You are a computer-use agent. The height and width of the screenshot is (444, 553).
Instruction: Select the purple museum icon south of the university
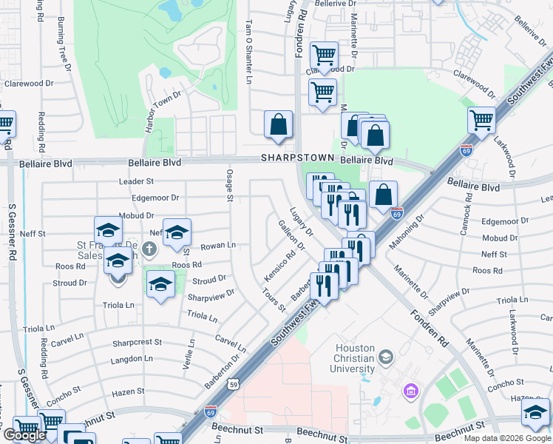click(410, 390)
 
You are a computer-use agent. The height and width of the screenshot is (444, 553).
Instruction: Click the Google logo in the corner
click(24, 435)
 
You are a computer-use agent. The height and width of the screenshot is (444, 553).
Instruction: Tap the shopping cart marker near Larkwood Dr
click(481, 121)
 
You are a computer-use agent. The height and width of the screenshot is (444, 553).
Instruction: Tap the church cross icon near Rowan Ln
click(150, 249)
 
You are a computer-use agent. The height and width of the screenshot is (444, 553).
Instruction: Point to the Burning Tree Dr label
click(64, 46)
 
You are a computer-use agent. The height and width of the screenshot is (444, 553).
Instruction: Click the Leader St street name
click(136, 181)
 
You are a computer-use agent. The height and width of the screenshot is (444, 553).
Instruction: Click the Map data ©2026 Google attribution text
click(507, 438)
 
